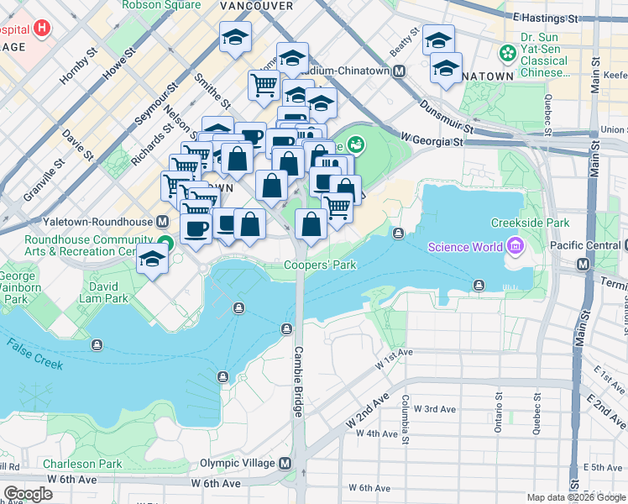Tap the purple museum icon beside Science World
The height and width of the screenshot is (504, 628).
[x=512, y=246]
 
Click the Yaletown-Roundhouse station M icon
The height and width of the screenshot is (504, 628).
[x=162, y=223]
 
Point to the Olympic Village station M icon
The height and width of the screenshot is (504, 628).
[x=285, y=464]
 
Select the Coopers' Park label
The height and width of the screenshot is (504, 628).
[x=320, y=265]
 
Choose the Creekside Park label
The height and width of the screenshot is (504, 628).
[x=531, y=223]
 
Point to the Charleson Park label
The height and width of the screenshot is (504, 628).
[x=82, y=464]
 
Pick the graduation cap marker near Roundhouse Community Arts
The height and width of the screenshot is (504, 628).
[x=152, y=259]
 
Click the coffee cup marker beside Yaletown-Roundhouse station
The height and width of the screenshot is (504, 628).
[x=196, y=228]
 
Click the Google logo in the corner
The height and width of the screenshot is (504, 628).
[x=28, y=494]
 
